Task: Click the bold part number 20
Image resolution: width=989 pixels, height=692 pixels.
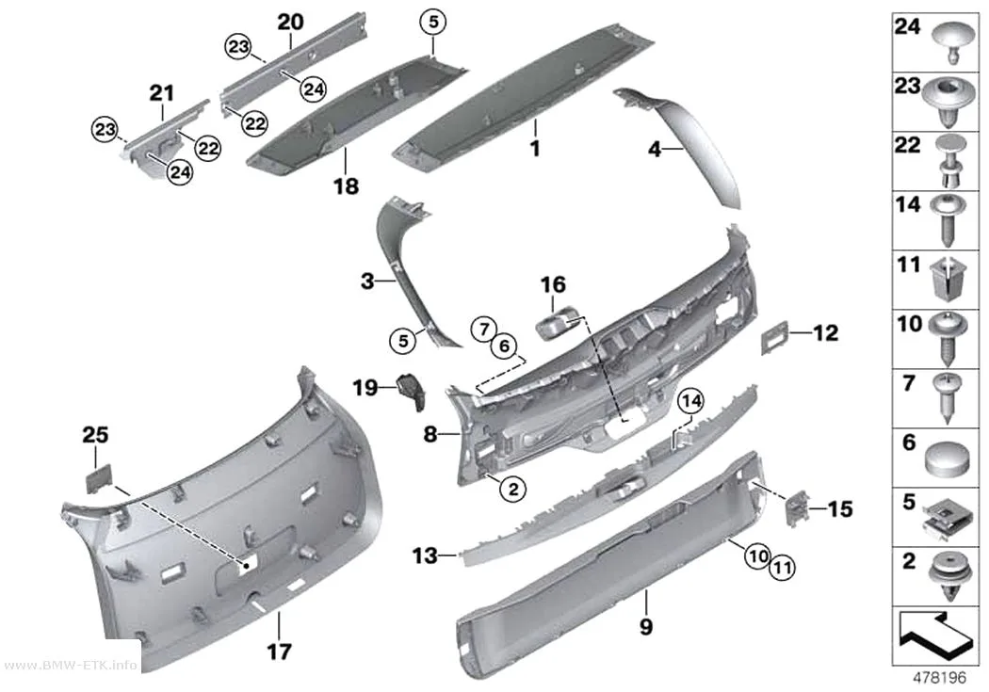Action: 290,22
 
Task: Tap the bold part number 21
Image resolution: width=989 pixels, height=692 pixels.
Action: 161,93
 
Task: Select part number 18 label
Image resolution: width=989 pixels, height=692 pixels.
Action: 346,185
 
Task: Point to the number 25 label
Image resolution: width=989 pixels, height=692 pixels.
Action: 95,434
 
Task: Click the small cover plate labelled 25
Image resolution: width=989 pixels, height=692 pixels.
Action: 99,478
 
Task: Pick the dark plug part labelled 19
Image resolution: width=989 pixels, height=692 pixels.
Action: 412,392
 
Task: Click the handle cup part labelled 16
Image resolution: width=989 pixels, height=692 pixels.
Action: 559,322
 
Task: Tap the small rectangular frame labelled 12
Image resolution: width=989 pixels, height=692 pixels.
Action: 775,336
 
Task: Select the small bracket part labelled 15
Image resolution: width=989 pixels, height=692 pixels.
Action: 797,507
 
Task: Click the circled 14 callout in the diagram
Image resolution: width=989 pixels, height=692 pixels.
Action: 690,401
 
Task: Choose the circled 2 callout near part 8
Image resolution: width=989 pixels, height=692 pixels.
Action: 513,489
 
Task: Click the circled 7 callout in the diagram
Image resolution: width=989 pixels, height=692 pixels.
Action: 484,329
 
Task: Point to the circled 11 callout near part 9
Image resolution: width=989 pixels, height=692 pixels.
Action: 782,568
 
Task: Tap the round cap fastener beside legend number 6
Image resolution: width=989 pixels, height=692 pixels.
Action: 946,459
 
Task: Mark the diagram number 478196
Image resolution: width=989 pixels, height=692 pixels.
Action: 939,678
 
